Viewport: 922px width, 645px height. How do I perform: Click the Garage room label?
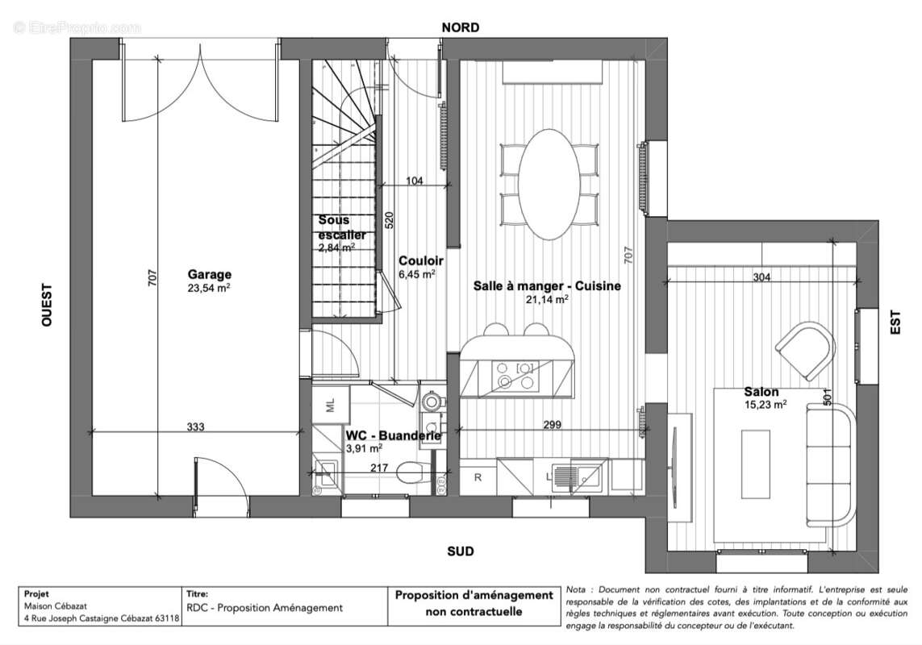click(x=210, y=274)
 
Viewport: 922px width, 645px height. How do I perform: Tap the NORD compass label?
click(x=461, y=27)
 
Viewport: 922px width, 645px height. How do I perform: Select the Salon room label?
click(x=761, y=392)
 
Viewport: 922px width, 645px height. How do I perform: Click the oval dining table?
click(x=549, y=182)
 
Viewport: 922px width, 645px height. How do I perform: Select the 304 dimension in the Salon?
click(x=761, y=277)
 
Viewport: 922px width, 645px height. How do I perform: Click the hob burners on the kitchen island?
click(x=516, y=375)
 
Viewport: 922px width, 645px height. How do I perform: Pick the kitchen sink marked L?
click(x=581, y=476)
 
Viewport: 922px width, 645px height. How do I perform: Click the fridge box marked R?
click(x=478, y=476)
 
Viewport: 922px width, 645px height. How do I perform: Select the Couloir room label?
click(x=420, y=261)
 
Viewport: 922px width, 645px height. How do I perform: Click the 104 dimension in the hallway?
click(x=414, y=181)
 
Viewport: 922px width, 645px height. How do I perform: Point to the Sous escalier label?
click(x=342, y=227)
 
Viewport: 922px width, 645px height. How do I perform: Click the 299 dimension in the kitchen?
click(x=552, y=424)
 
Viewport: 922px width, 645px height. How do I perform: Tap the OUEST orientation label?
click(x=47, y=304)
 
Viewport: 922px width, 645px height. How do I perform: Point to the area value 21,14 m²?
click(x=548, y=298)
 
